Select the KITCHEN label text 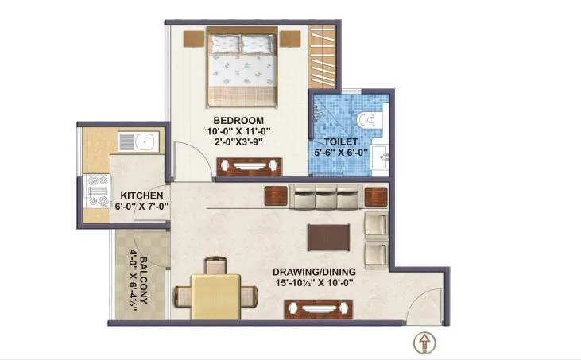(x=142, y=195)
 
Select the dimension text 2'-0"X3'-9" (x=236, y=143)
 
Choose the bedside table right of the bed (x=291, y=38)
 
